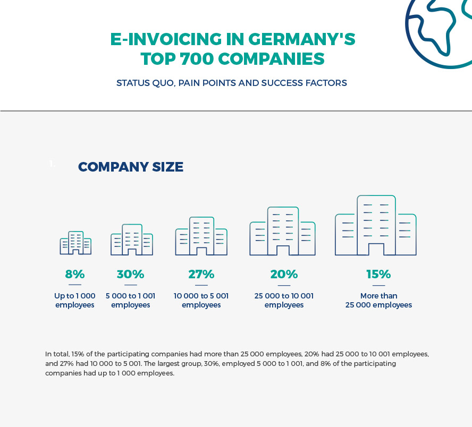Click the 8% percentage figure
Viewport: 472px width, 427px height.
tap(75, 275)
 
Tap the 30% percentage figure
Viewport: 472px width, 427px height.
tap(131, 275)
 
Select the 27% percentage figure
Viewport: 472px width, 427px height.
tap(201, 275)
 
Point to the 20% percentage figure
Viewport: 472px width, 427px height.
tap(284, 275)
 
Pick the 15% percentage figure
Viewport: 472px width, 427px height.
tap(378, 275)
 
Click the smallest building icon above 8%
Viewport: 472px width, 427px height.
tap(75, 243)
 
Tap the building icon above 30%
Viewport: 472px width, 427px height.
tap(132, 240)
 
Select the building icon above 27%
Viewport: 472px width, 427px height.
tap(201, 236)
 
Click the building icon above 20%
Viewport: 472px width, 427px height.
tap(282, 232)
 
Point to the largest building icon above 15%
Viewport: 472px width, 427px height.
tap(376, 226)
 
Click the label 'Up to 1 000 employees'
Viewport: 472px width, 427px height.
tap(75, 301)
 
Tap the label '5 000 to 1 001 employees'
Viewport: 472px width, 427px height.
tap(131, 301)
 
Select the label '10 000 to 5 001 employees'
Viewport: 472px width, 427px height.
tap(201, 301)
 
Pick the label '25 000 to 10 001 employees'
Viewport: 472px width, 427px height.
tap(284, 301)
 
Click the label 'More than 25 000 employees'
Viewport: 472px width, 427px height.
tap(378, 301)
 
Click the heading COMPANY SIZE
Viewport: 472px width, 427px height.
tap(131, 167)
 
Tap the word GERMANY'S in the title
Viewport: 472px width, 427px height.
tap(302, 39)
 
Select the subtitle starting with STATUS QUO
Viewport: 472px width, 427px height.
tap(232, 83)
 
